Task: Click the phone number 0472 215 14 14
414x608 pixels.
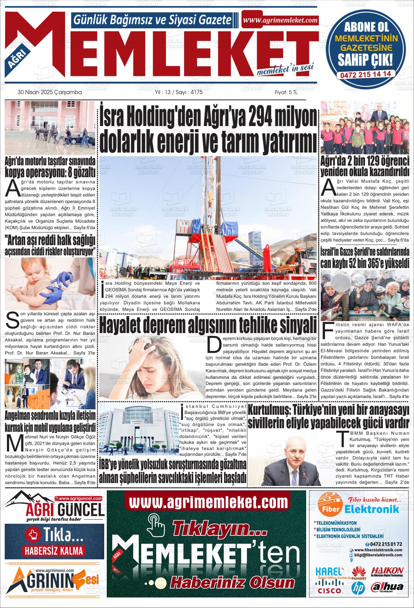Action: [365, 73]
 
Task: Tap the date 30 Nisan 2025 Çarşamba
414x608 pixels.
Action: [50, 92]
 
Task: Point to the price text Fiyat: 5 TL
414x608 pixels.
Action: [286, 92]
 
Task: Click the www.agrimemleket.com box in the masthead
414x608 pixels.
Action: [280, 20]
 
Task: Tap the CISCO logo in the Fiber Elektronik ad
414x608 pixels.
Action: [329, 591]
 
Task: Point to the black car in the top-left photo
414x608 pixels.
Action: [75, 139]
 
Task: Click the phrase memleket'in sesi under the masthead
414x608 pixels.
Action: [285, 69]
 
